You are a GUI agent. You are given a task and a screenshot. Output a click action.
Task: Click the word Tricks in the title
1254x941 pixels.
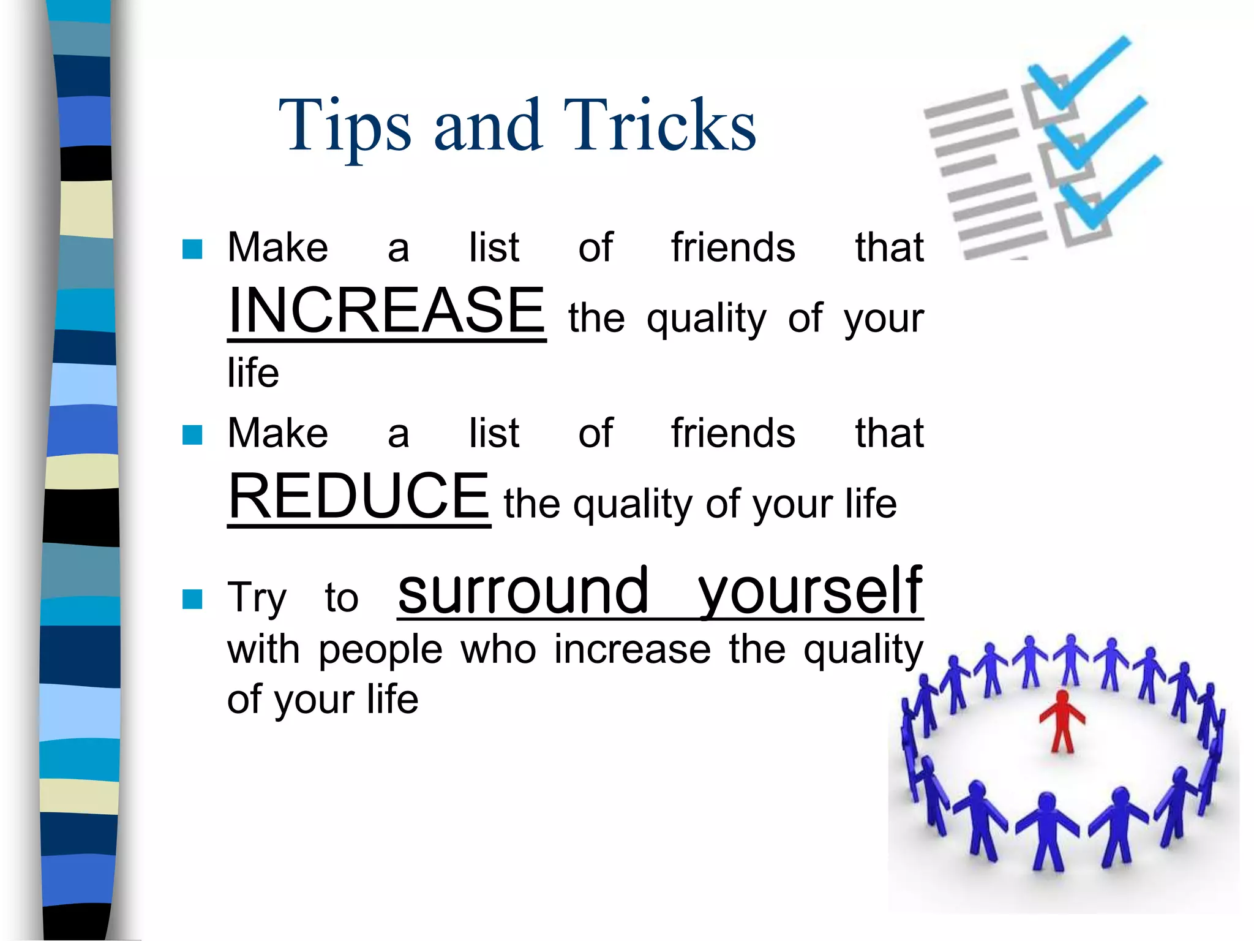(x=659, y=126)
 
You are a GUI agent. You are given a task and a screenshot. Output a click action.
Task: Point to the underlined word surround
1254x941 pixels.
(x=523, y=591)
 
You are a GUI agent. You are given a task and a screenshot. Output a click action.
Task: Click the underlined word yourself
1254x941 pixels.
(x=810, y=591)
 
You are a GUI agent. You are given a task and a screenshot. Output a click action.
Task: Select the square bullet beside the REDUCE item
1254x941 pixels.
(x=192, y=435)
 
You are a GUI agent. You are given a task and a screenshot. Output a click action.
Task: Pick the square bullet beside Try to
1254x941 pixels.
(x=192, y=599)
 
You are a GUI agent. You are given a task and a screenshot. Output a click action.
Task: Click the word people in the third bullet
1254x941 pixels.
(x=380, y=651)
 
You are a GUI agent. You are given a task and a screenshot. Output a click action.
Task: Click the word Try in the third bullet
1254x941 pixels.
(x=257, y=599)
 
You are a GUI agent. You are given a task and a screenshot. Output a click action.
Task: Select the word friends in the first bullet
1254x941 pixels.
(x=733, y=248)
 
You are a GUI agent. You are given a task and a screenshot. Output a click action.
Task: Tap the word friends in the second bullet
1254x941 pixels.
(x=733, y=433)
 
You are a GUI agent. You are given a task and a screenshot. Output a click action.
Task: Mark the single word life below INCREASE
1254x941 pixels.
(x=253, y=372)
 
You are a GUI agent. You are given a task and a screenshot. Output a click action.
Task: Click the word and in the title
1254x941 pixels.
(x=488, y=126)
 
